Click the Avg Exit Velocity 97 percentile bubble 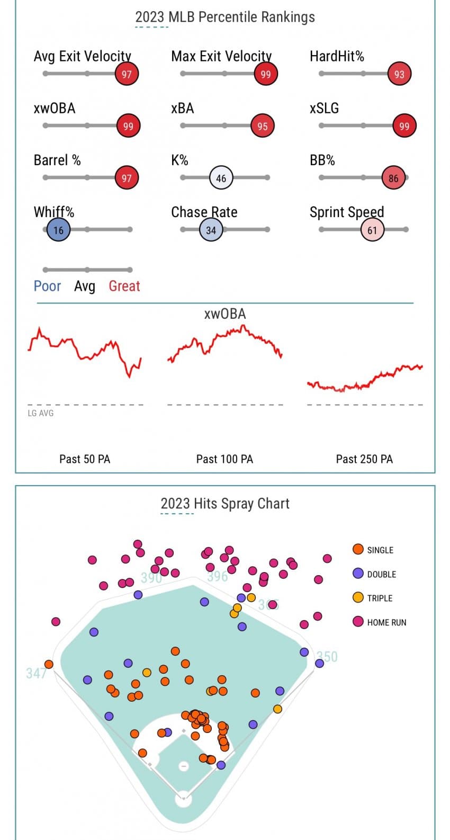[127, 74]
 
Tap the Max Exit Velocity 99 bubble [266, 74]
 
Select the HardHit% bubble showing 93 [399, 74]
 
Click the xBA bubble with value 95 [263, 126]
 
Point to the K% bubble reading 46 [221, 178]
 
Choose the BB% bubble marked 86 [393, 178]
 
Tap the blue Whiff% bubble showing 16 [58, 230]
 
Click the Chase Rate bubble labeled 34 [211, 230]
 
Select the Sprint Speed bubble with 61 [372, 230]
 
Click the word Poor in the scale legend [47, 286]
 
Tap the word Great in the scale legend [124, 286]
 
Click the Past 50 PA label [85, 459]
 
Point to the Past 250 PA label [364, 459]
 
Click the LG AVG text [40, 413]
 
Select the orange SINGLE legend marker [358, 549]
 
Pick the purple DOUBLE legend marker [358, 574]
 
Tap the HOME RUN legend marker [358, 622]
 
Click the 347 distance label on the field [36, 673]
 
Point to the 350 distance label [328, 657]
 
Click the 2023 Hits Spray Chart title [225, 503]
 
